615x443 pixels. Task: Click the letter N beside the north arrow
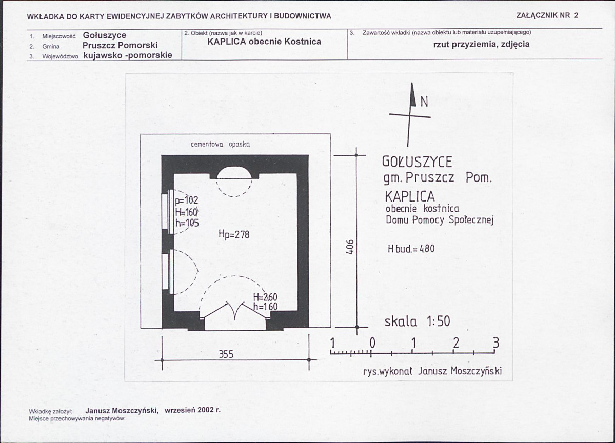click(x=424, y=102)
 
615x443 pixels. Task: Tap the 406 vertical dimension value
click(x=351, y=247)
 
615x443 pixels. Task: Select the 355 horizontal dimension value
click(x=226, y=354)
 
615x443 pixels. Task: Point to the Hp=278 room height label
click(x=234, y=234)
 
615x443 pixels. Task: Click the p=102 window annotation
click(x=187, y=200)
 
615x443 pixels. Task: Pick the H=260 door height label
click(x=265, y=297)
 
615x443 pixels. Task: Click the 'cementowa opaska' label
click(x=221, y=144)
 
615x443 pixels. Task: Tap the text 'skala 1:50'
click(x=418, y=321)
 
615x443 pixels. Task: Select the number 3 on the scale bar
click(x=496, y=343)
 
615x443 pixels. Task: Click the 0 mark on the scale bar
click(x=372, y=343)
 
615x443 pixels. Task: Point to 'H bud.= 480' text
click(x=411, y=249)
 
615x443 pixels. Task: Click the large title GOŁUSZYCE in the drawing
click(x=417, y=162)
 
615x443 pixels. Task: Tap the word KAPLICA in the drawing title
click(x=410, y=196)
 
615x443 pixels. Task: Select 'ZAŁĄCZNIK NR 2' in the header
click(x=547, y=15)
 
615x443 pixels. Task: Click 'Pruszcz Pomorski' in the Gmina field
click(x=120, y=45)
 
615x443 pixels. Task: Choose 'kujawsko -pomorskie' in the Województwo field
click(x=128, y=55)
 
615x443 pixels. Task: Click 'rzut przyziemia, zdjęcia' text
click(x=481, y=44)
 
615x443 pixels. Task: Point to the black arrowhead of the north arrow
click(x=412, y=94)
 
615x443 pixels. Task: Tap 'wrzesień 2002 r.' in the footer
click(x=192, y=410)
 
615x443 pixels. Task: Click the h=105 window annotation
click(x=187, y=223)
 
